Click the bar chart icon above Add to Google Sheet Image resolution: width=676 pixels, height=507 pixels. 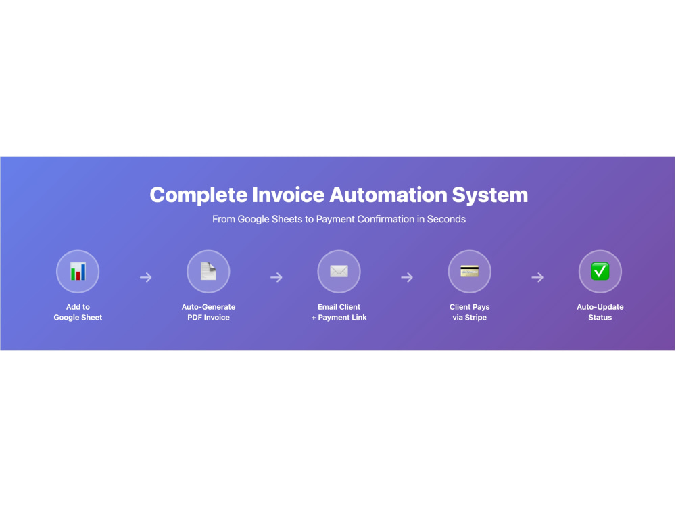[78, 271]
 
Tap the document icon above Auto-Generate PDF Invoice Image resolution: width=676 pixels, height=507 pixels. [208, 271]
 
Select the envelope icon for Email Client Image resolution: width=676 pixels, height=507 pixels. [339, 271]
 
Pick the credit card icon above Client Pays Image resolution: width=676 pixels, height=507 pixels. [470, 271]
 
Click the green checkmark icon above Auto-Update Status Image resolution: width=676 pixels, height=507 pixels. [600, 271]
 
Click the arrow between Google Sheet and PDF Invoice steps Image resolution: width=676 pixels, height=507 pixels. [146, 277]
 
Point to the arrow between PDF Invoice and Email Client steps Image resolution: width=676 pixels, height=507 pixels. [276, 277]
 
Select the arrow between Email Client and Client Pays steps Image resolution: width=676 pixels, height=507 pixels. [407, 277]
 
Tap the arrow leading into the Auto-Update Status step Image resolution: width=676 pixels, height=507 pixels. [537, 277]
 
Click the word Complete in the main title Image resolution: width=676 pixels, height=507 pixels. [199, 195]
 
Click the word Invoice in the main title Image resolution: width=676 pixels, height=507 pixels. [289, 195]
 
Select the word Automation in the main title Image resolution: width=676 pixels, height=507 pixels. [389, 195]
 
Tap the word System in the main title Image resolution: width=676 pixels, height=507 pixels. [490, 195]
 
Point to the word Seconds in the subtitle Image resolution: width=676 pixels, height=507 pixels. [446, 219]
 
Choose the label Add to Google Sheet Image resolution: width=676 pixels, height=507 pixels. [78, 312]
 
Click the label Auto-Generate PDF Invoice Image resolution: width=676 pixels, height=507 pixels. [208, 312]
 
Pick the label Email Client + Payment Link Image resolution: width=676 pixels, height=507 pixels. [339, 312]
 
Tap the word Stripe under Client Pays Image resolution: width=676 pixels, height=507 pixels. [475, 318]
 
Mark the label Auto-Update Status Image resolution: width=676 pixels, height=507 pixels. [600, 312]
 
